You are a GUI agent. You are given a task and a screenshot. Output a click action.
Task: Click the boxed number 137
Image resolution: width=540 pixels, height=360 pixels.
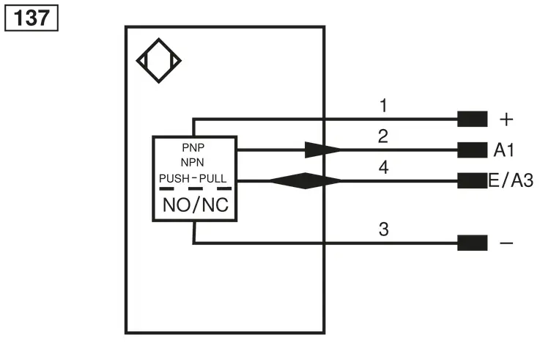32,18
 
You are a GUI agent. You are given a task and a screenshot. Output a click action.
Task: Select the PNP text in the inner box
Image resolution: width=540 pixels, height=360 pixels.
193,147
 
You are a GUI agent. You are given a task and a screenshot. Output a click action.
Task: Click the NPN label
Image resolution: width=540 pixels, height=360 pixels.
193,162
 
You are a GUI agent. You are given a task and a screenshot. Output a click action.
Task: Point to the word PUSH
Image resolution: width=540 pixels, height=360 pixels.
174,178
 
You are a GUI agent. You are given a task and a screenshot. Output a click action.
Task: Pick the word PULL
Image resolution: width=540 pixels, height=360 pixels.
213,178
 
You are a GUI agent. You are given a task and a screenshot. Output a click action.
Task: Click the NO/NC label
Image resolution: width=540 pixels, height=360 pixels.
196,205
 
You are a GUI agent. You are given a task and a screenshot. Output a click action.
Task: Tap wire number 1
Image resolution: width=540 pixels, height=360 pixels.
383,106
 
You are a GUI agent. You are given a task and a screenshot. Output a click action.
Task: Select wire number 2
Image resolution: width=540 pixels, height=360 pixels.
383,136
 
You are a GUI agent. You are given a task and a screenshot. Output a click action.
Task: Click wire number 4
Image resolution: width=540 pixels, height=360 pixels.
384,167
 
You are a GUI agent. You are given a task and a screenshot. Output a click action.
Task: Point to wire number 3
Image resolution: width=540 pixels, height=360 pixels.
384,229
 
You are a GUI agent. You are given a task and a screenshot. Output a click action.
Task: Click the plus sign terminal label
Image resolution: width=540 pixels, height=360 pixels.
506,120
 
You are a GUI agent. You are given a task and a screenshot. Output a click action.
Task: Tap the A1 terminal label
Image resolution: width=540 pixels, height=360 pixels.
504,150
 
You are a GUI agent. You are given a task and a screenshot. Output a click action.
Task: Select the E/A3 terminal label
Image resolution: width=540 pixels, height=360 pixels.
511,180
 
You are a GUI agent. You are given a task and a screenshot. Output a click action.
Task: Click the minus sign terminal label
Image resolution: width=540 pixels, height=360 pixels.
506,243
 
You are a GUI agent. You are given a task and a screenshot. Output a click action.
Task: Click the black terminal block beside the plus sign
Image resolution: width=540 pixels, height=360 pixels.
472,119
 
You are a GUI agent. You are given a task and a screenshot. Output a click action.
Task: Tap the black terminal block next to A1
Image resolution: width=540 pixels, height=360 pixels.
472,150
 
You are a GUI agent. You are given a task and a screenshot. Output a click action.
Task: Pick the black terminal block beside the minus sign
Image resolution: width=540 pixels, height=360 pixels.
472,243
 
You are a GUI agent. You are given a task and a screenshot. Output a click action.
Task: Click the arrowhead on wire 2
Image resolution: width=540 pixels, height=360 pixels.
322,150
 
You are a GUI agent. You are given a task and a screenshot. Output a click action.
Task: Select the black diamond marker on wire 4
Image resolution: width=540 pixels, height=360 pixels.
306,180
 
